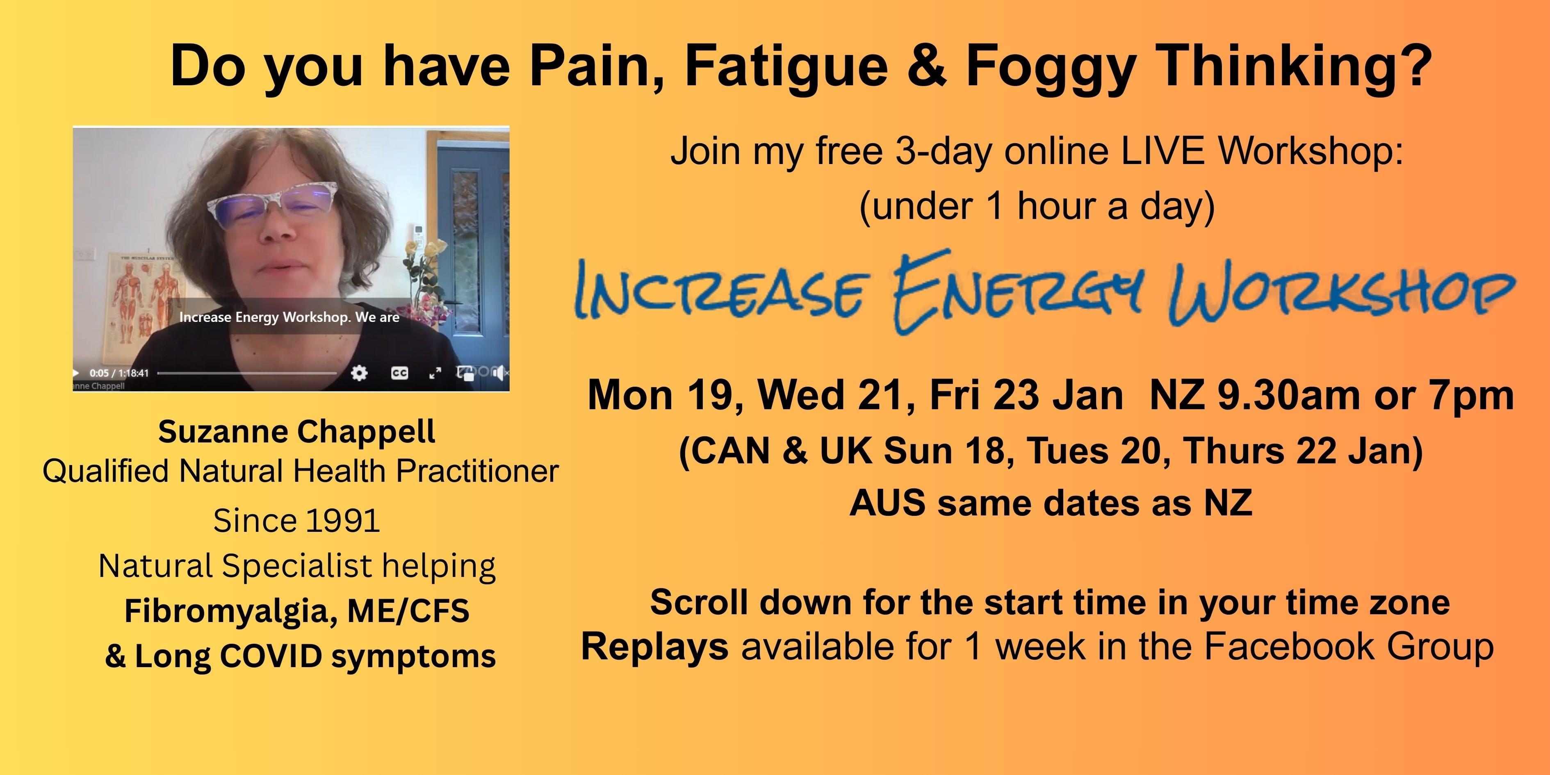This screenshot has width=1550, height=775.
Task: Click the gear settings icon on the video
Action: click(x=359, y=373)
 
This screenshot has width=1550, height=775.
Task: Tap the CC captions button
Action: click(x=399, y=373)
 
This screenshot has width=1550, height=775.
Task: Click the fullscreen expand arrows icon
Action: click(x=435, y=373)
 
